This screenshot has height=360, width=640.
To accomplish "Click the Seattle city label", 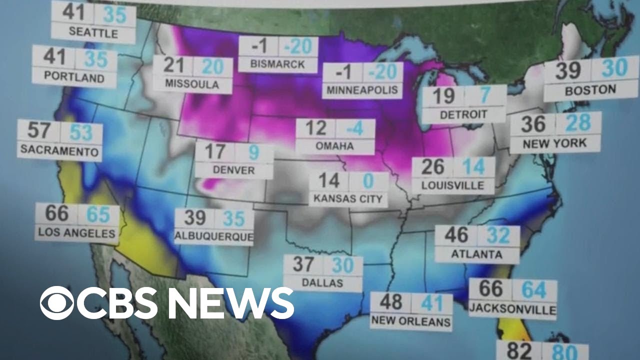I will coord(93,33).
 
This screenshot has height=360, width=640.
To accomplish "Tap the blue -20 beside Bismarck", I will coord(298,46).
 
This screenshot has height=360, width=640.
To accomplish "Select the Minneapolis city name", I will coord(362,90).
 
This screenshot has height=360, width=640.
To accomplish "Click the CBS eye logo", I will coord(57,303).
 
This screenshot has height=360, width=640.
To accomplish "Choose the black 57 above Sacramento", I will coord(39,131).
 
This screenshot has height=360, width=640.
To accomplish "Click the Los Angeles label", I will coord(76,233).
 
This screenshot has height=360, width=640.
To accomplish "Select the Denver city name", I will coord(233,170).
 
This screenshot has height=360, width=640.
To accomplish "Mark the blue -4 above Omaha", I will coord(355,128).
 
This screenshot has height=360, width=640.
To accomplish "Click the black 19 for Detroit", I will coord(443,96).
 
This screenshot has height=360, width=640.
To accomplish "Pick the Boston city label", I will coord(590,90).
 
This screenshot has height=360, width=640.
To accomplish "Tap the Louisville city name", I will coord(453,185).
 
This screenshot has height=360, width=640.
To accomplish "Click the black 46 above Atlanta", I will coord(456,235).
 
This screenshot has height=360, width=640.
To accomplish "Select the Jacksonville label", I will coord(512,309).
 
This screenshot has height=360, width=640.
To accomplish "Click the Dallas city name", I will coord(322,282).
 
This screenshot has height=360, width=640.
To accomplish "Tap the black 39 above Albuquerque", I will coord(195,218).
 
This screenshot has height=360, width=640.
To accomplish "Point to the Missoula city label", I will coord(192,83).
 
